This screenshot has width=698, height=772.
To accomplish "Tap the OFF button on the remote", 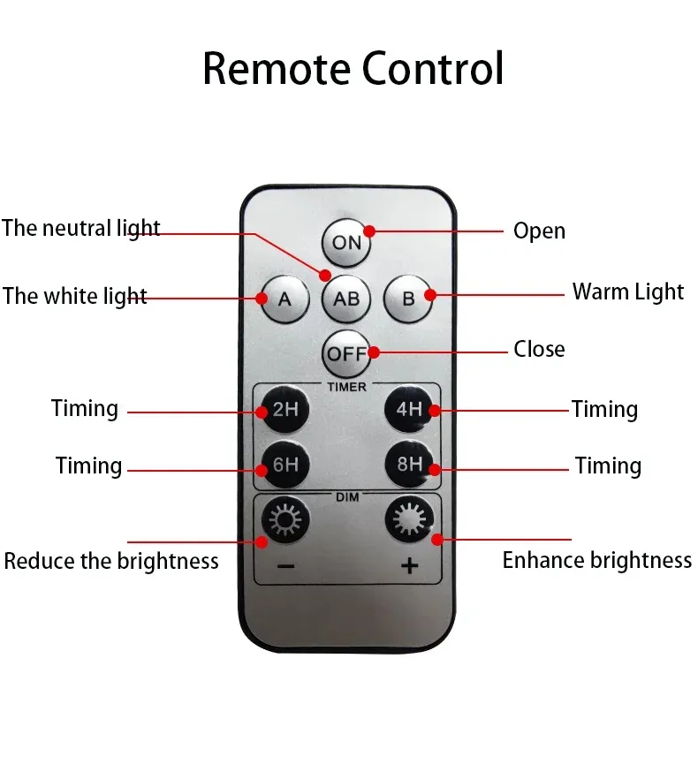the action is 346,353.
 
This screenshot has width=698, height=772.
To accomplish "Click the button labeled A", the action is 285,299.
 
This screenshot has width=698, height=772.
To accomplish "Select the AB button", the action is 346,299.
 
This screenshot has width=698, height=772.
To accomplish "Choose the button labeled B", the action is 408,299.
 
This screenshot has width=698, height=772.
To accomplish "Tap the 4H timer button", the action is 409,409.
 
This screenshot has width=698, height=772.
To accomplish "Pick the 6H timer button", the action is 285,465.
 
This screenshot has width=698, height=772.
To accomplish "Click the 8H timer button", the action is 409,465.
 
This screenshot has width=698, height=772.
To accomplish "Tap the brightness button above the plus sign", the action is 409,519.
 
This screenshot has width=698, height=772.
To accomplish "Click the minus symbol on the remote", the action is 285,566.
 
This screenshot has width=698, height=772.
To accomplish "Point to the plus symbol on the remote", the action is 410,565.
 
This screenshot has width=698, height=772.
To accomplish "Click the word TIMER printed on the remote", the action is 347,388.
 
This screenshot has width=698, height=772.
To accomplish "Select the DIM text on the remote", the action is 347,497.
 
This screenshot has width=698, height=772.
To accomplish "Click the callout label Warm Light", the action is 628,291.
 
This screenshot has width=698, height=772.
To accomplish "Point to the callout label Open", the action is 539,231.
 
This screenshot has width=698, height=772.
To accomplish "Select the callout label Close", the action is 539,349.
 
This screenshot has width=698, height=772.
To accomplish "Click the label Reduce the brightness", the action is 111,561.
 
